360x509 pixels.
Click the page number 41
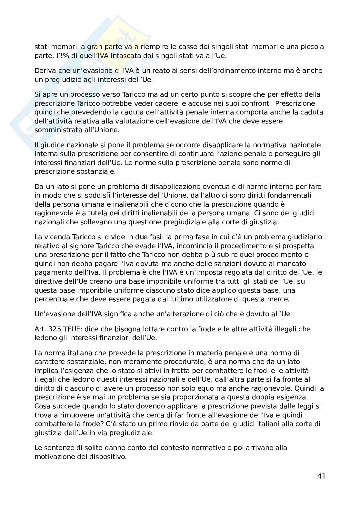pos(322,476)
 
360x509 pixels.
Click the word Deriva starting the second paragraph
pos(44,71)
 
